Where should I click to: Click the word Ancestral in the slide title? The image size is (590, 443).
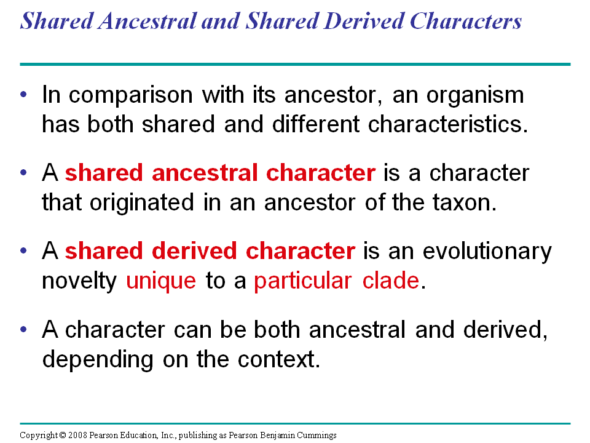(147, 20)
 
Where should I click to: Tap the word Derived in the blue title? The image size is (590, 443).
(364, 20)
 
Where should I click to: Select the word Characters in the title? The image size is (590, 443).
(465, 20)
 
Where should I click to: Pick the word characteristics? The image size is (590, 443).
(448, 124)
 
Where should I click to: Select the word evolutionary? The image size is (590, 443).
(487, 252)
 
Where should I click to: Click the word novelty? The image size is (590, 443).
(79, 282)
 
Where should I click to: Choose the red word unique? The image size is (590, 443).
(161, 282)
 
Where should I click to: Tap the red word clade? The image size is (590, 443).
(391, 281)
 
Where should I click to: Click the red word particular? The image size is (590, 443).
(303, 282)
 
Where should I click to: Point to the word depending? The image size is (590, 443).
(98, 360)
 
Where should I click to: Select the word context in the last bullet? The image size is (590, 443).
(279, 359)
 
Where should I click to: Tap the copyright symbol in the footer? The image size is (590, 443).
(63, 435)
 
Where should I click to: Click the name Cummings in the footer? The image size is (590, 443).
(317, 436)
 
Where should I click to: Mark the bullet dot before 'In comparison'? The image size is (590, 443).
(24, 94)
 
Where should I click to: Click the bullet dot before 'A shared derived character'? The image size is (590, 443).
(24, 250)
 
